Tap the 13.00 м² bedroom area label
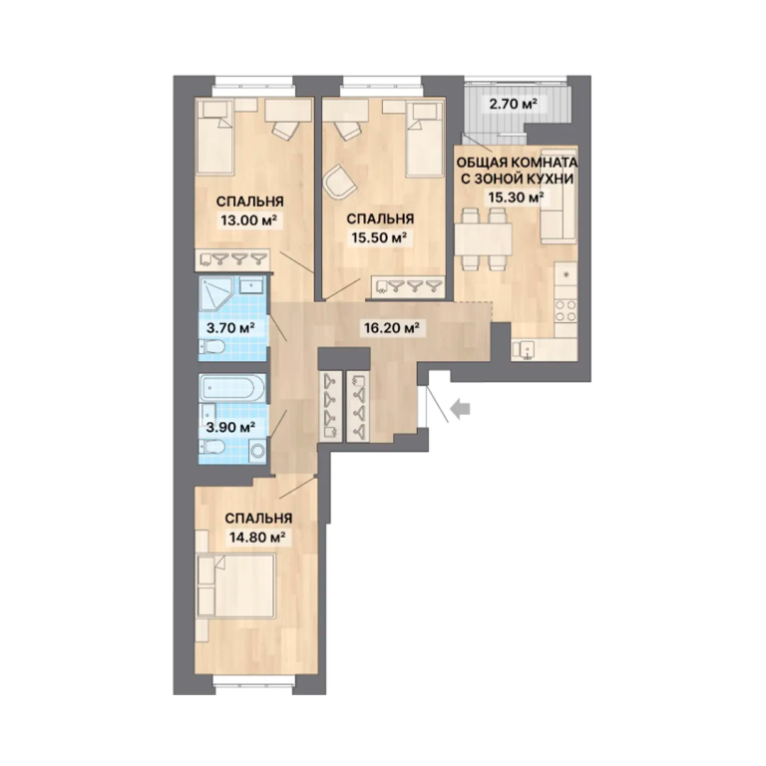249,220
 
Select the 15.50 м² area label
380,238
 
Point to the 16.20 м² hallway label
392,327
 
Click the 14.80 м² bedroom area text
257,538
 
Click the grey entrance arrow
460,409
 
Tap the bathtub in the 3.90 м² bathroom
232,388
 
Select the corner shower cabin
217,294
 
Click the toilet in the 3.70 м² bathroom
211,347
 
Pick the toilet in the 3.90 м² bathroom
211,447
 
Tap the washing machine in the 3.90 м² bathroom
258,451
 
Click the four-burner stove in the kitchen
566,311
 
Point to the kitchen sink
524,350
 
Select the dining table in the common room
483,239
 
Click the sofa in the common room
560,195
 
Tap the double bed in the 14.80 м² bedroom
236,585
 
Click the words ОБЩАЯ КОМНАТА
517,163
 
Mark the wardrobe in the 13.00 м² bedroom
233,259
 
